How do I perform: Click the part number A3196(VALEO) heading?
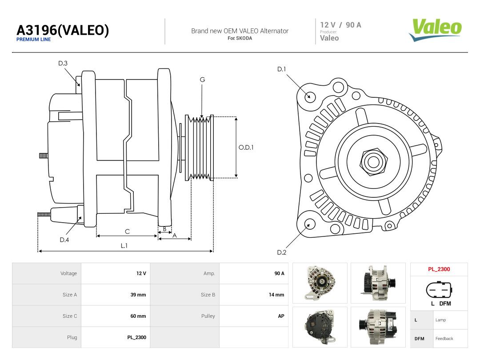pos(63,30)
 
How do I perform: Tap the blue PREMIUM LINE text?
pos(33,40)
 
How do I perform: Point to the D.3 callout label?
pos(63,64)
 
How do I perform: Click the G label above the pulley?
pos(202,80)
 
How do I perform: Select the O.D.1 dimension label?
pos(246,147)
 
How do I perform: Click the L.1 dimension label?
pos(124,245)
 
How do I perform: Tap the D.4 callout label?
pos(64,240)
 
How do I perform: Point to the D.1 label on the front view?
pos(281,69)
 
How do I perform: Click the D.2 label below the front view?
pos(281,252)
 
